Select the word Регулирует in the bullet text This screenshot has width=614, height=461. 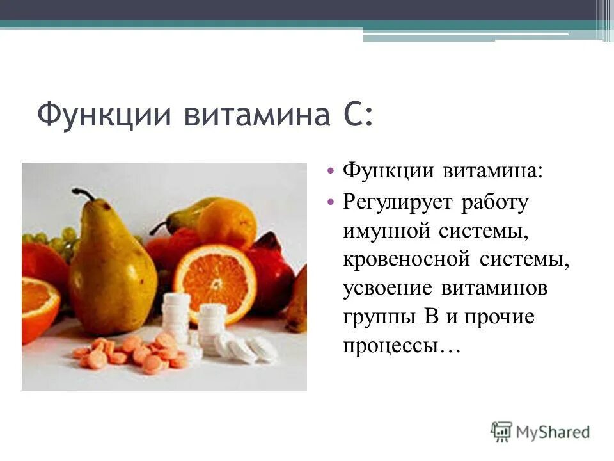click(x=397, y=202)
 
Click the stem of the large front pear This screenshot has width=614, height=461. click(x=83, y=194)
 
